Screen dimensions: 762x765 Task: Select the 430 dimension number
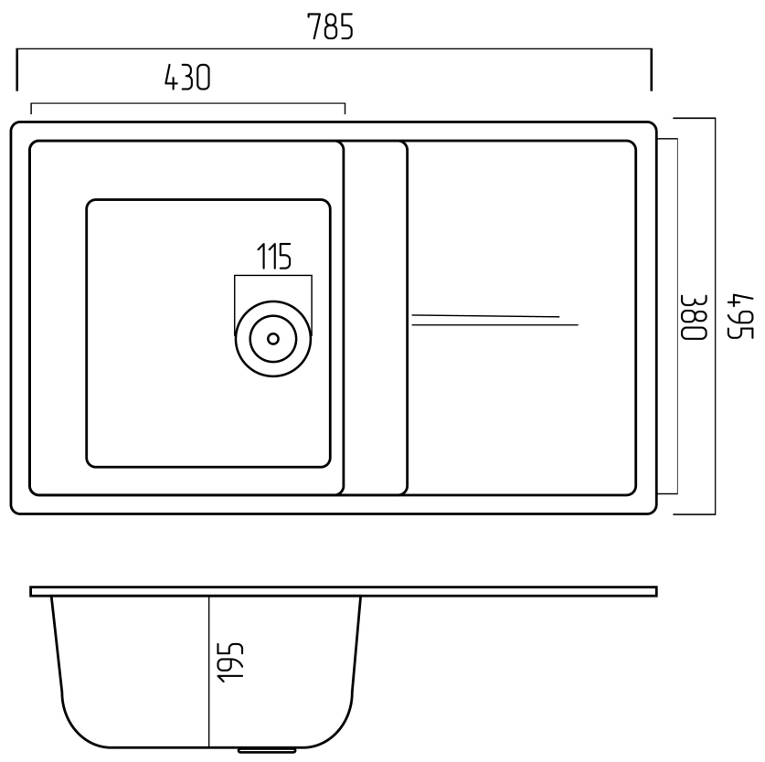coord(186,80)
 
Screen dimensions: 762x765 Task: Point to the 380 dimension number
coord(694,316)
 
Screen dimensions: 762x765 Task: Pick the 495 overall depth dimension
coord(738,316)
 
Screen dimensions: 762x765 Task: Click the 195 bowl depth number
coord(232,661)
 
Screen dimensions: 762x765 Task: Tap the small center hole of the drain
coord(272,338)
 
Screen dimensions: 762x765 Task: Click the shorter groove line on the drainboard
coord(484,316)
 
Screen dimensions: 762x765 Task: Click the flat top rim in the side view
coord(343,591)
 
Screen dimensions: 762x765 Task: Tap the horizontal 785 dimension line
coord(334,52)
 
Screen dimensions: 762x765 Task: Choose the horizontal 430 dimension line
coord(187,104)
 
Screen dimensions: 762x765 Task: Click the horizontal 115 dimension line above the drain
coord(272,276)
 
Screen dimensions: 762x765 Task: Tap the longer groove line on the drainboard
coord(494,324)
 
